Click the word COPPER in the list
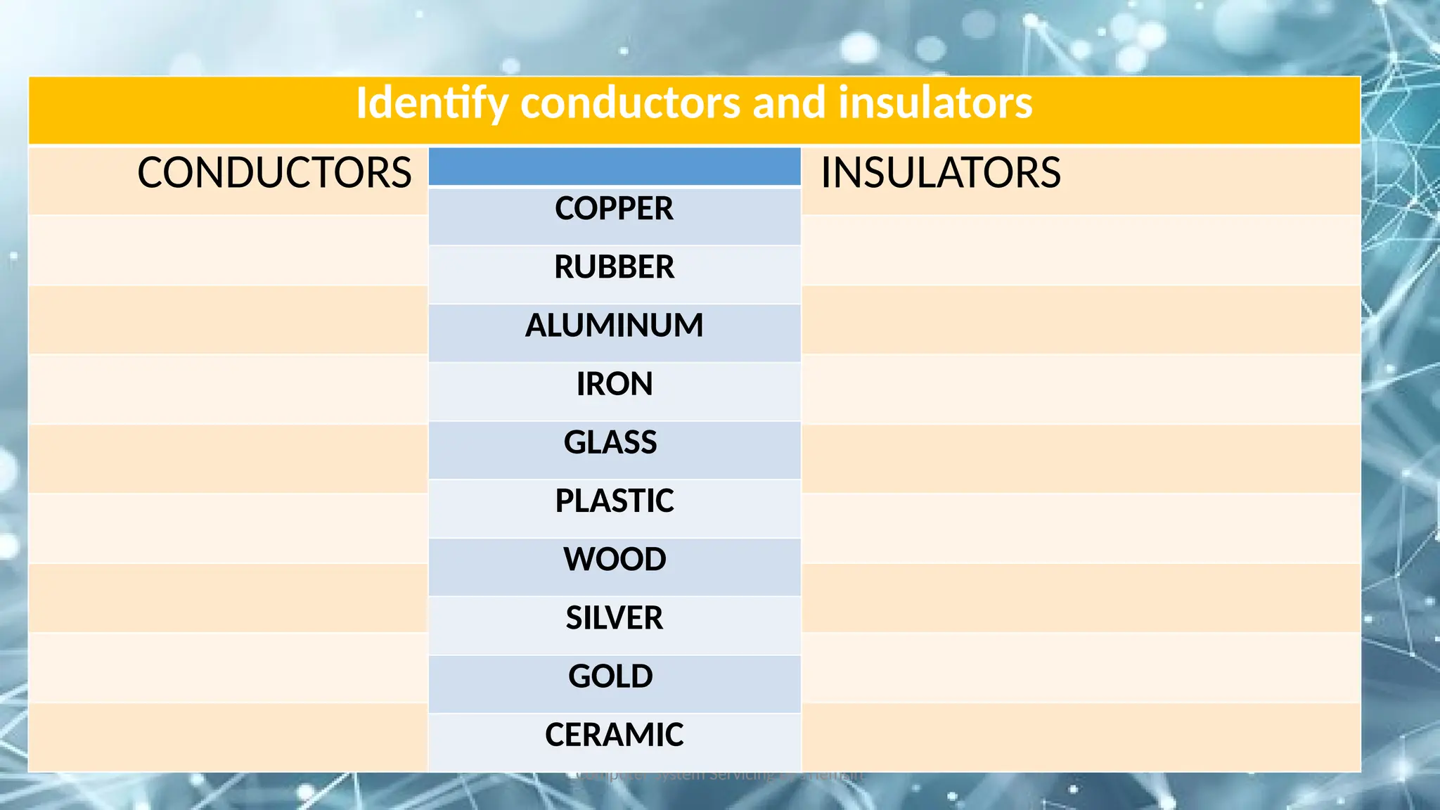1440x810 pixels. click(x=614, y=209)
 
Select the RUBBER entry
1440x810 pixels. click(x=614, y=267)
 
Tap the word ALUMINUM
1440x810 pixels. click(x=614, y=326)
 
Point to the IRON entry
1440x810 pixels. click(x=614, y=384)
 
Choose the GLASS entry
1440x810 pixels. click(x=610, y=442)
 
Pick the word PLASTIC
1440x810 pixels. click(x=614, y=501)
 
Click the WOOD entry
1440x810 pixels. click(x=614, y=559)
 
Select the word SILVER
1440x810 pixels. click(x=614, y=617)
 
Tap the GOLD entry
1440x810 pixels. click(x=610, y=676)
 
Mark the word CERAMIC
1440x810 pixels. click(x=614, y=735)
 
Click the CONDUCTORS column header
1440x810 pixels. click(x=274, y=173)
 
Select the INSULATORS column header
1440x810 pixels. click(x=941, y=173)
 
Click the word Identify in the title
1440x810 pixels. click(x=431, y=103)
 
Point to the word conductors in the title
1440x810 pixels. click(x=630, y=103)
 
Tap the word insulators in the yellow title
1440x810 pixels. click(x=935, y=103)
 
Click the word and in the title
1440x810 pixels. click(x=789, y=103)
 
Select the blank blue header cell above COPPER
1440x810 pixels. click(x=615, y=167)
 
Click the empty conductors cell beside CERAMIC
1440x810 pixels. click(x=228, y=737)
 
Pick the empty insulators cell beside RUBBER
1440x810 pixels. click(x=1081, y=250)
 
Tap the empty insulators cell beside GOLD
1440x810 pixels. click(x=1081, y=667)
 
